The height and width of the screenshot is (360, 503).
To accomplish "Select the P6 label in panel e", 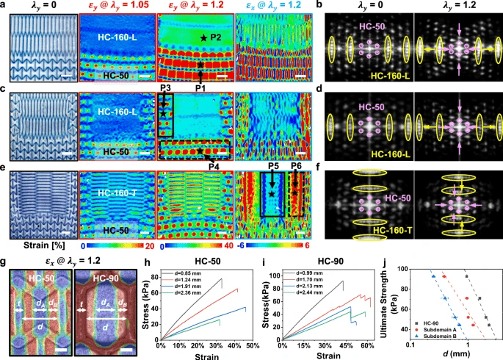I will [296, 168].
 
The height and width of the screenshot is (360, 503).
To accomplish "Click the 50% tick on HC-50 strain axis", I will [251, 345].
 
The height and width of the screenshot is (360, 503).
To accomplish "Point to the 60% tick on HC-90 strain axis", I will [366, 345].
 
